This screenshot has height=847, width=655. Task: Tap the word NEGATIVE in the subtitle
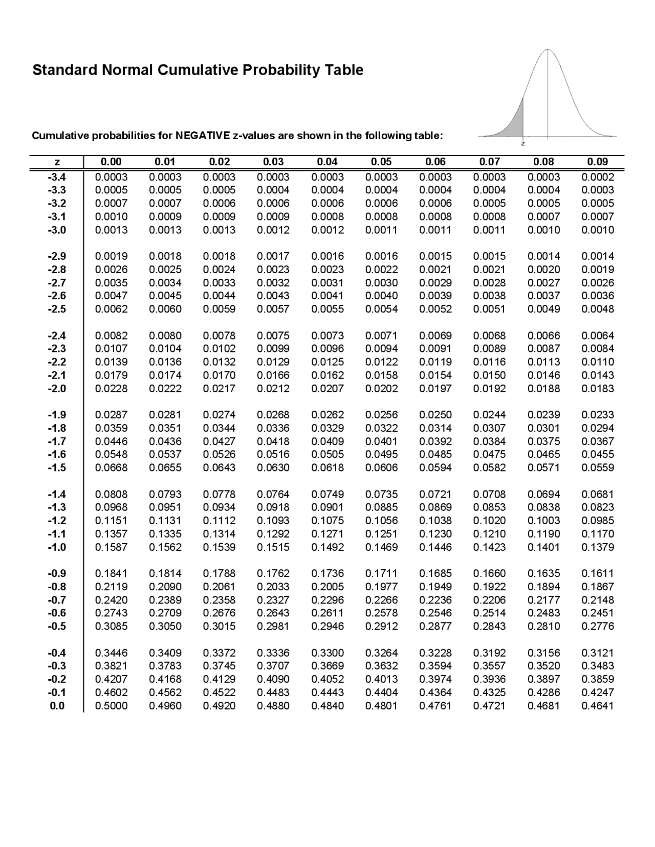[x=203, y=136]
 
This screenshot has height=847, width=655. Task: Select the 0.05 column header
[x=381, y=162]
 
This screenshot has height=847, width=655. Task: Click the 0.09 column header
[x=598, y=162]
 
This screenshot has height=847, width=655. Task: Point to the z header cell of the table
[x=57, y=162]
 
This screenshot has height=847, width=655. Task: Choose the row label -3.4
[x=57, y=177]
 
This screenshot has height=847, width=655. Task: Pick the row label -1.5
[x=57, y=467]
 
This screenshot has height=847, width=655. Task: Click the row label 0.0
[x=57, y=706]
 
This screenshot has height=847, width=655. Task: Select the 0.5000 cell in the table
[x=112, y=706]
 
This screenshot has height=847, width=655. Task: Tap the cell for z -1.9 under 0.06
[x=435, y=415]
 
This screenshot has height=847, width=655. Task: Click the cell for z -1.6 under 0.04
[x=327, y=454]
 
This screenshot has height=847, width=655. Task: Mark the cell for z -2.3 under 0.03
[x=273, y=349]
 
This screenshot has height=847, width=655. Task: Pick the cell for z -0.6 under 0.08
[x=544, y=613]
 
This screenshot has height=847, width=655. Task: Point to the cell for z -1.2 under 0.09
[x=598, y=521]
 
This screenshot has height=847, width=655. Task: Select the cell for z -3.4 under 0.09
[x=598, y=177]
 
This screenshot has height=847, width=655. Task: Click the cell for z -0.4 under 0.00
[x=112, y=653]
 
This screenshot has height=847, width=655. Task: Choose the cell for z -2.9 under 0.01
[x=165, y=256]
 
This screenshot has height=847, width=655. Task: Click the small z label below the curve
[x=522, y=144]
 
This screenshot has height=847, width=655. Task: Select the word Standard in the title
[x=65, y=70]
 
